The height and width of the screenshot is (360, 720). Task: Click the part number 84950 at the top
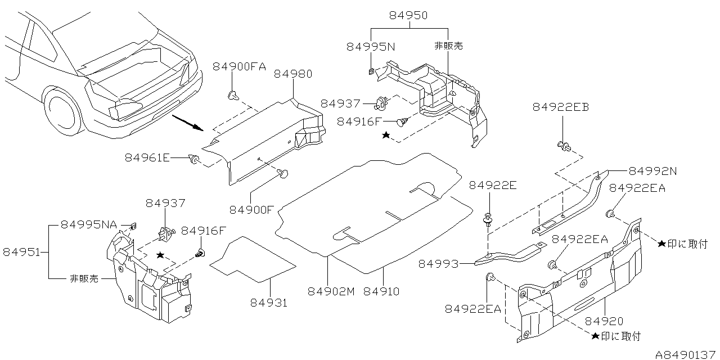click(408, 16)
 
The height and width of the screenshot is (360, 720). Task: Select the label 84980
click(293, 74)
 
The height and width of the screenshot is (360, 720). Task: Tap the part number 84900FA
click(239, 66)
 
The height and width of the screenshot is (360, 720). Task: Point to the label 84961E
click(147, 158)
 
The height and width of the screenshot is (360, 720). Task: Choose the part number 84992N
click(652, 170)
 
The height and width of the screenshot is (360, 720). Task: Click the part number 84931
click(269, 303)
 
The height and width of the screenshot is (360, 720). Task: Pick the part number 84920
click(604, 321)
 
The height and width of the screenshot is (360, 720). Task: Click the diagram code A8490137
click(686, 354)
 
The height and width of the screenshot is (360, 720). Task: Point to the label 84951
click(22, 252)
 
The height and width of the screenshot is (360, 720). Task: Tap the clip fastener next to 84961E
click(195, 160)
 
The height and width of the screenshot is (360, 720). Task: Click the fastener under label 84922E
click(488, 220)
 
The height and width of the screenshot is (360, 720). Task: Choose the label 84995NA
click(89, 225)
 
